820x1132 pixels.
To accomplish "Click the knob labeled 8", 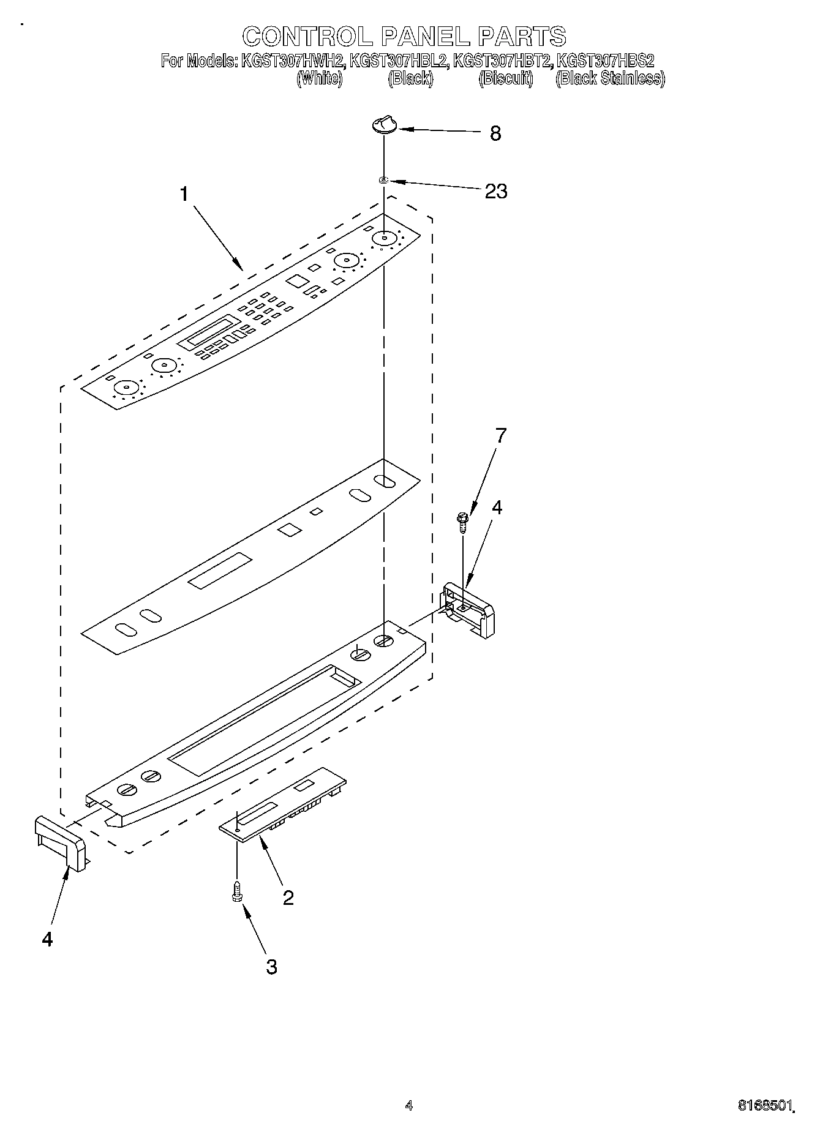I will coord(384,125).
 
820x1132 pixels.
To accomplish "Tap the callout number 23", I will coord(495,191).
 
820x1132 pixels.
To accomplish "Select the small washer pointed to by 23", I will coord(384,180).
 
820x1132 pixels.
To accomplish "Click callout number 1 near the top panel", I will coord(184,194).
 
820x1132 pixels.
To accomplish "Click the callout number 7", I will coord(501,436).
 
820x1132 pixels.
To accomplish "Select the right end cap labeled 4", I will coord(468,610).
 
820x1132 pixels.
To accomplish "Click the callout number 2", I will coord(287,898).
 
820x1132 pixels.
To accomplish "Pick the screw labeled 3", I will coord(236,893).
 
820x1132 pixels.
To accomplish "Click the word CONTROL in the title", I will coord(307,37).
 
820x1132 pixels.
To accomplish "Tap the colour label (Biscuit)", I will coord(506,78).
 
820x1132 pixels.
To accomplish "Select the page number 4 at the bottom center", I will coord(409,1105).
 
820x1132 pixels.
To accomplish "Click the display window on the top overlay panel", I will coord(208,331).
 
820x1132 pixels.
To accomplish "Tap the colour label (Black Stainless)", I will coord(609,78).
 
